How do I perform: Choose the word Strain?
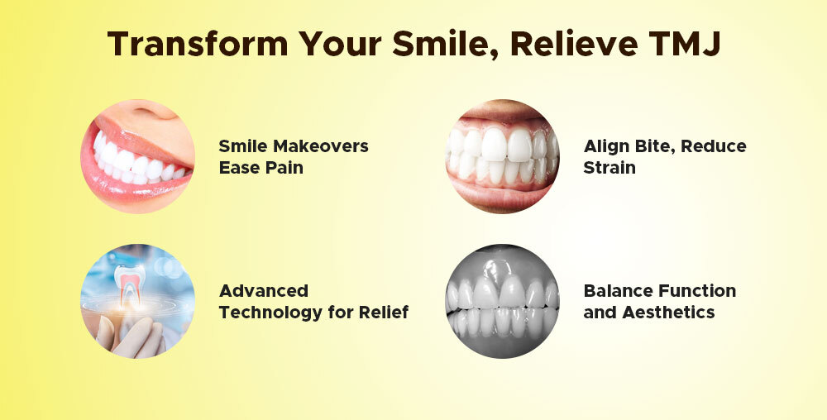tap(610, 167)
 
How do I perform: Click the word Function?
tap(698, 291)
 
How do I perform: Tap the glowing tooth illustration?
tap(129, 286)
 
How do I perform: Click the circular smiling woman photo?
tap(137, 157)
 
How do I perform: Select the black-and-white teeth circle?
tap(502, 301)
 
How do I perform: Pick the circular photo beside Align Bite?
tap(502, 157)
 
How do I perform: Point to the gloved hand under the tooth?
tap(124, 335)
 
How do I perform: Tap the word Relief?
tap(385, 313)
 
